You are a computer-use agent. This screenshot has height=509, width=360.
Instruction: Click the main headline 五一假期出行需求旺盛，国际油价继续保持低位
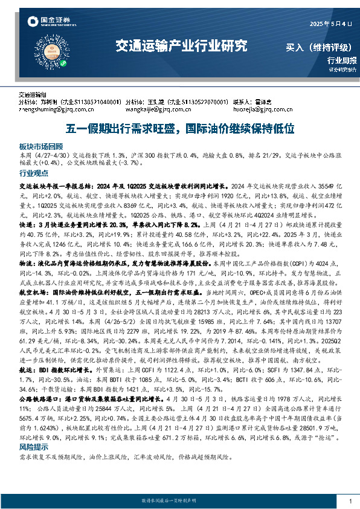[x=179, y=128]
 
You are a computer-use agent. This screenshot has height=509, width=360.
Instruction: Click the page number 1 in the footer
[x=350, y=501]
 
